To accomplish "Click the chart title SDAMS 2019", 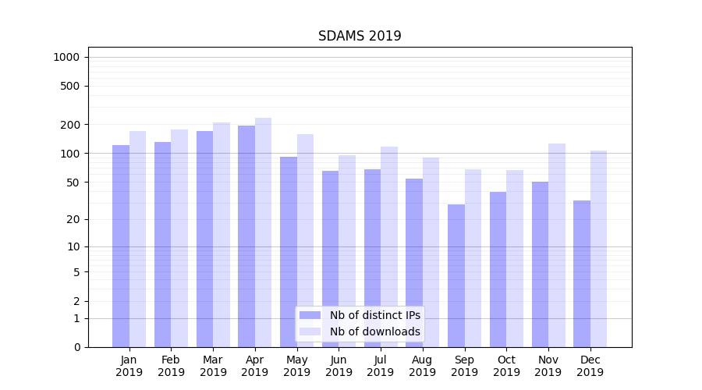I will (x=360, y=36).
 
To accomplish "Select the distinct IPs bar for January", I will (x=121, y=246).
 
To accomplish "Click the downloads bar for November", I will (x=556, y=245).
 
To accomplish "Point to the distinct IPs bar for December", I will (x=582, y=274).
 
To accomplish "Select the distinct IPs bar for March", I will (x=204, y=239).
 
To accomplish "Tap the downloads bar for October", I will (x=515, y=258).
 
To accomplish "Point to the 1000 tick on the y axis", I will (x=66, y=57).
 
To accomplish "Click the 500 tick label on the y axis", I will (x=71, y=86).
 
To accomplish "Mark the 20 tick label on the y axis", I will (x=74, y=219).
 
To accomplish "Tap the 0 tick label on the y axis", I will (x=76, y=347).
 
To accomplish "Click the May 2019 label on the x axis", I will (x=296, y=366).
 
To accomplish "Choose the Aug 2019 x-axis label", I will (x=423, y=366).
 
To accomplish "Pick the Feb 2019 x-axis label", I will (x=171, y=366).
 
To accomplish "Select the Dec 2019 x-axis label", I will (x=590, y=366).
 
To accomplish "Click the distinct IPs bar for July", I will (x=372, y=258).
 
